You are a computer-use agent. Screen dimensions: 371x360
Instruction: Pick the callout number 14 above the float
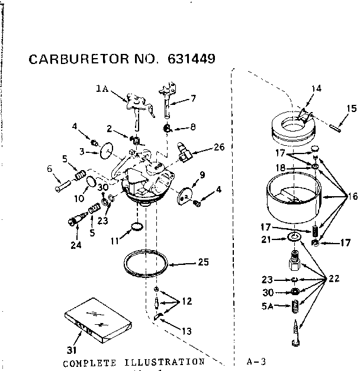(317, 89)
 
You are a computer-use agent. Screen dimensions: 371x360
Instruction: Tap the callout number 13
(187, 331)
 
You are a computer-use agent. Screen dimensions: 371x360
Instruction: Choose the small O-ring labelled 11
(137, 227)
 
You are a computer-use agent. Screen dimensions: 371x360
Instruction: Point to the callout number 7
(192, 98)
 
